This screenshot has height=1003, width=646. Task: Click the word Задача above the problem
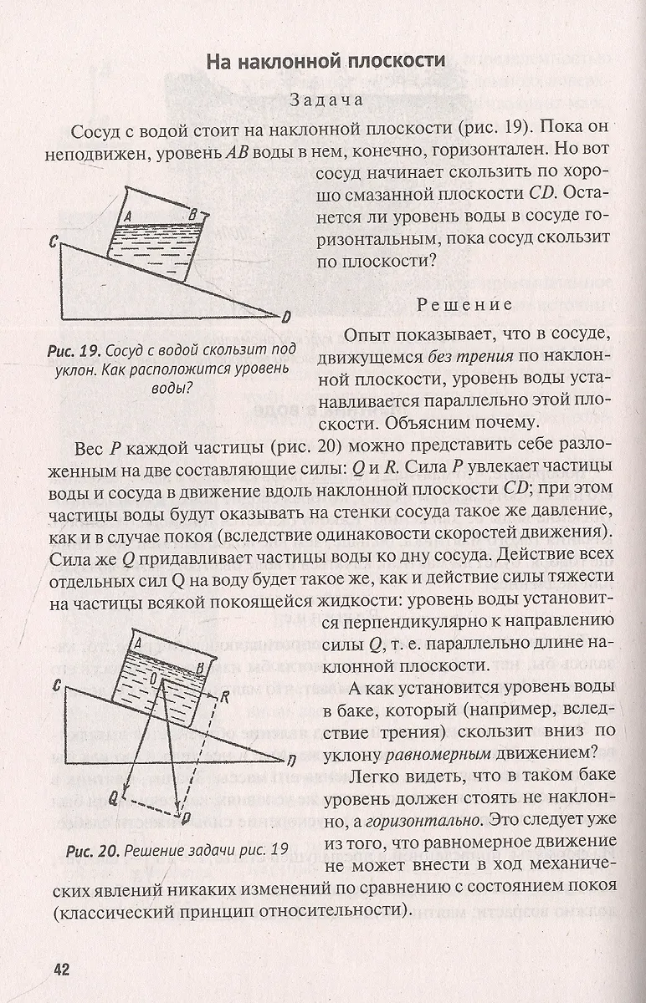tap(325, 99)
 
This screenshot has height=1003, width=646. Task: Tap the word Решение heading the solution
tap(464, 304)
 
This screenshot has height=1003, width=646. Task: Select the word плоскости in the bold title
tap(395, 61)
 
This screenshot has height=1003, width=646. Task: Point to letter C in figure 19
tap(53, 242)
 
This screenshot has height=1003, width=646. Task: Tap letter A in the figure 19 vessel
tap(127, 215)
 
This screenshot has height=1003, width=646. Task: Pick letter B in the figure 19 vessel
tap(192, 215)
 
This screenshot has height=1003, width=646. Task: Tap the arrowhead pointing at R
tap(214, 694)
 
